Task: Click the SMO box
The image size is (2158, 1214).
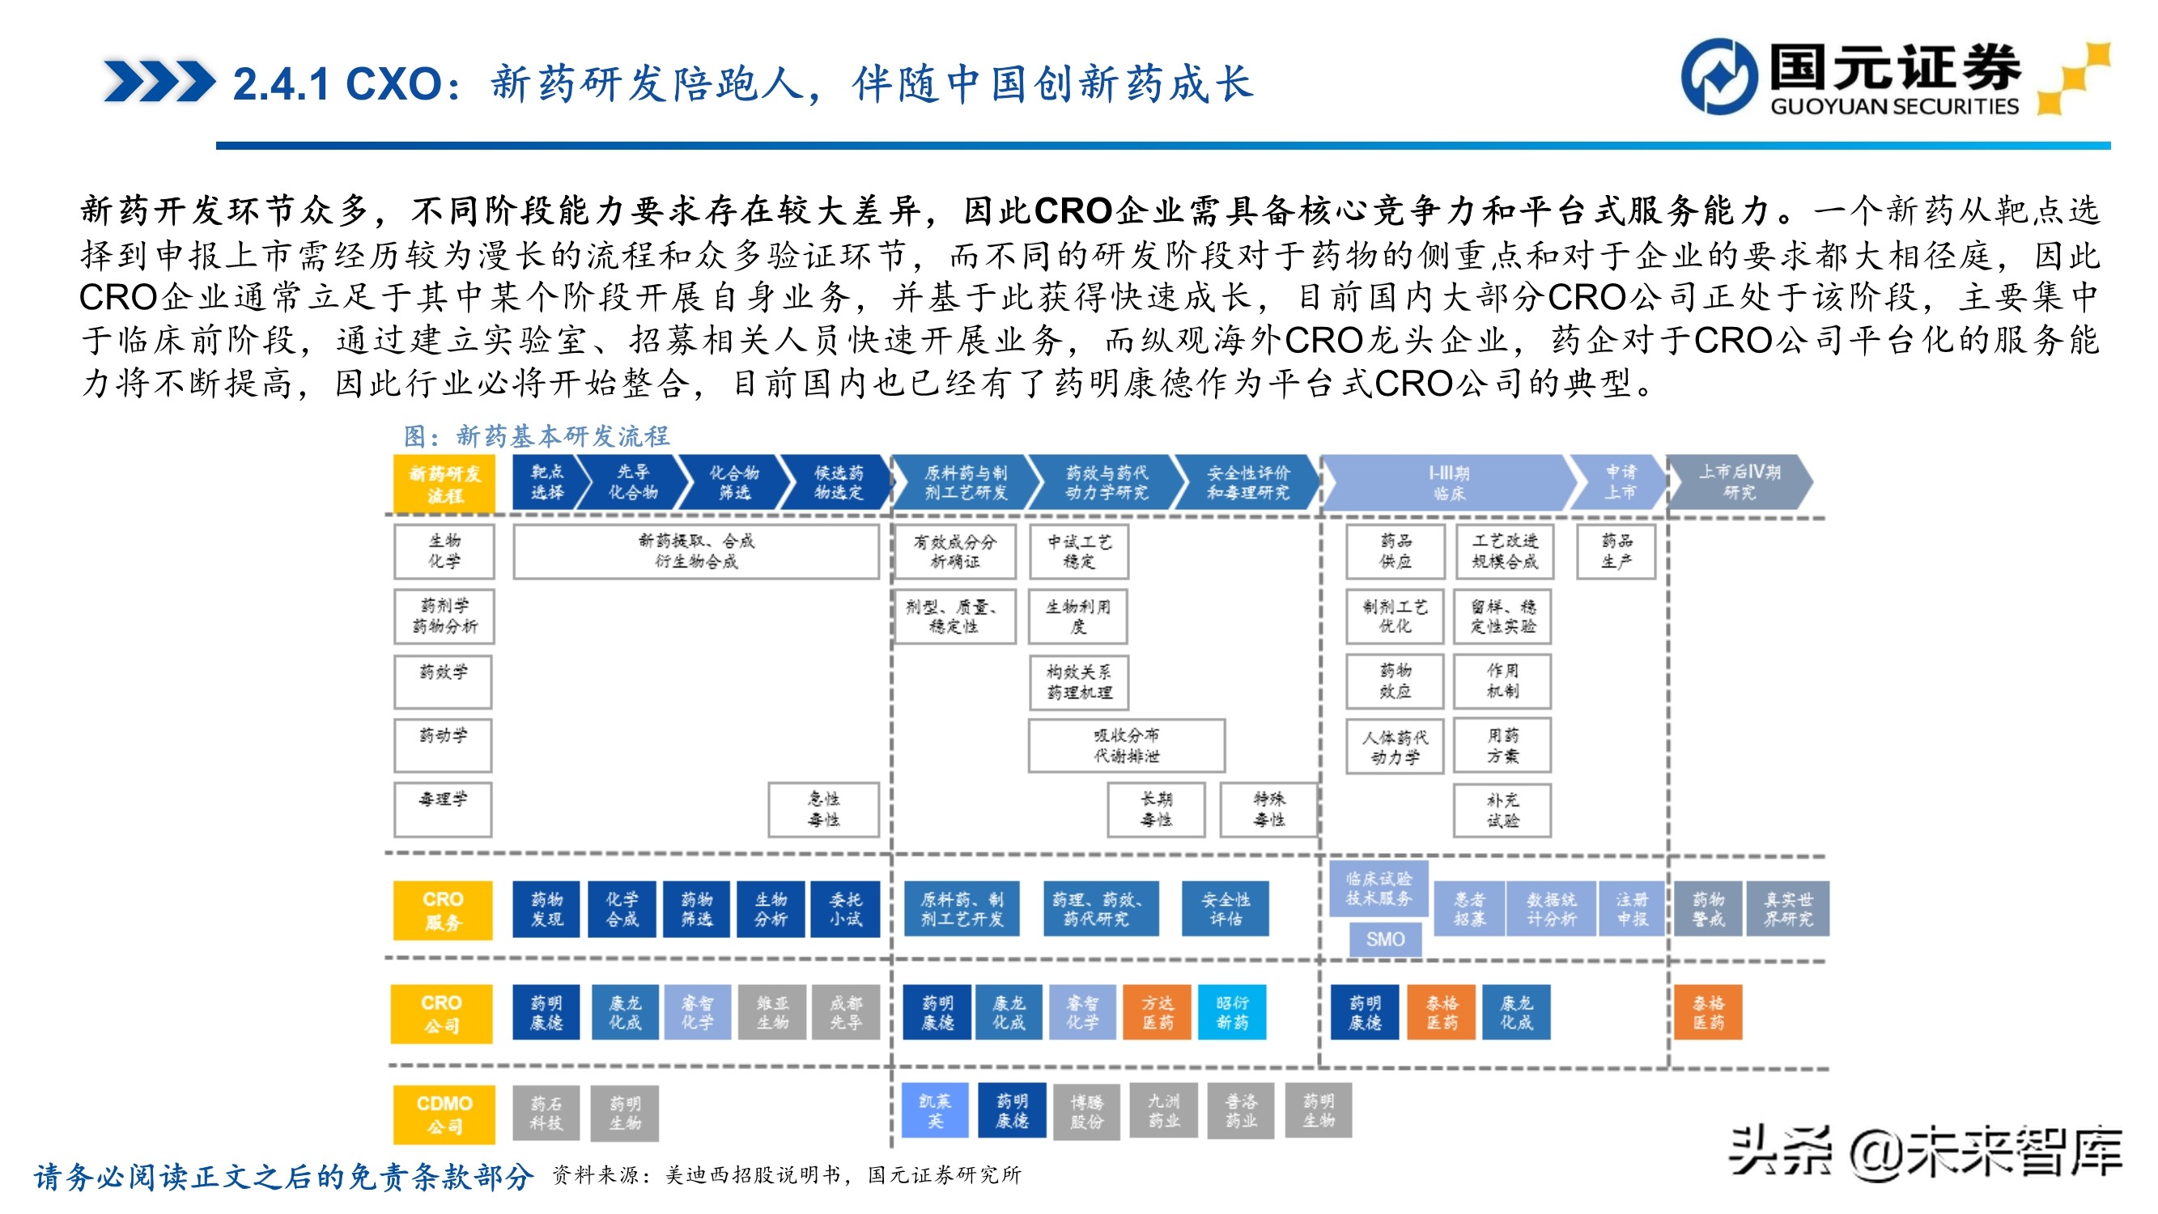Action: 1385,939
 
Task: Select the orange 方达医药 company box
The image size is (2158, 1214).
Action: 1157,1012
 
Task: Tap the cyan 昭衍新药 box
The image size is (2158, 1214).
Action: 1231,1012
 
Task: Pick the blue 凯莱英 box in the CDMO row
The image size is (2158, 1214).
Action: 935,1111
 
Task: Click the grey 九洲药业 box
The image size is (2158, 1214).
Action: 1164,1111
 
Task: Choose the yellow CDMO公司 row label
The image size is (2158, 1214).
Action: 444,1114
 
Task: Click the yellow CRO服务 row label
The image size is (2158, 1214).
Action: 442,910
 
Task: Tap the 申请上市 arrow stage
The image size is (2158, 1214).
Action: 1619,482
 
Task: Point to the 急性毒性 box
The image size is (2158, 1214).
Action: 823,809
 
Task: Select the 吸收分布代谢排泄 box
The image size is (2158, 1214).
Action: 1127,745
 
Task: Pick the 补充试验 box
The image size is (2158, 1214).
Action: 1502,810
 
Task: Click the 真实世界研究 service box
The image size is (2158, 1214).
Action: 1789,909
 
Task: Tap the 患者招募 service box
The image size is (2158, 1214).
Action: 1468,909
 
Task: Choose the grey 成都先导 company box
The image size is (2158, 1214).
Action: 845,1012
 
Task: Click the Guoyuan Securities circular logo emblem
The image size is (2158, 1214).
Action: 1719,76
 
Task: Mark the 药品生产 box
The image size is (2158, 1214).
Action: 1616,551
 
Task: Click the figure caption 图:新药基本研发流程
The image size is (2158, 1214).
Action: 536,435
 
